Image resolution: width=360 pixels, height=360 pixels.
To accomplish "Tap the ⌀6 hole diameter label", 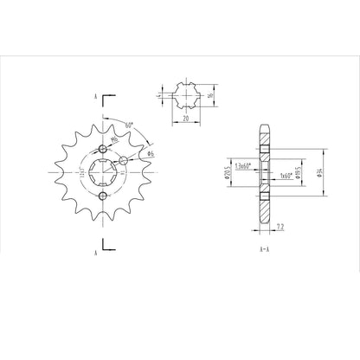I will coord(150,153).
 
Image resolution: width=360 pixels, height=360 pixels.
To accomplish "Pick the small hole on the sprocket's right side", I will coord(125,160).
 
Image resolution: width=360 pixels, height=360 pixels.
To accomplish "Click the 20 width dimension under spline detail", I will coord(187,119).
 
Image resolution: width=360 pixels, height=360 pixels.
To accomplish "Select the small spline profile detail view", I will coord(185,96).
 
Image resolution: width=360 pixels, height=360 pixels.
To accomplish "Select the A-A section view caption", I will coord(262,248).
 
